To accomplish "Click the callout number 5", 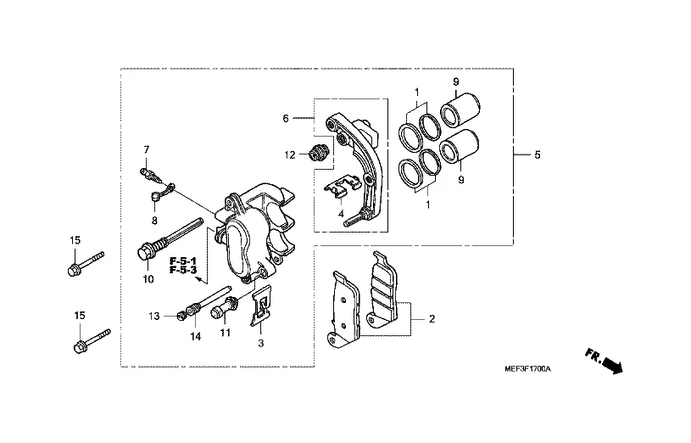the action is (x=538, y=154).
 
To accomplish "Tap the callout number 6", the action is (x=286, y=118).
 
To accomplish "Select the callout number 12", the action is (x=289, y=154).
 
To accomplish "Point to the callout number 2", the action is (x=432, y=318).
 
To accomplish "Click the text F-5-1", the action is (x=183, y=261).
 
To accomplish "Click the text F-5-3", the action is (x=183, y=270).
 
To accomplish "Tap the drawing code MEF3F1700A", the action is (x=527, y=368).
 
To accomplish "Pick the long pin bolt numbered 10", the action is (x=170, y=238).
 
